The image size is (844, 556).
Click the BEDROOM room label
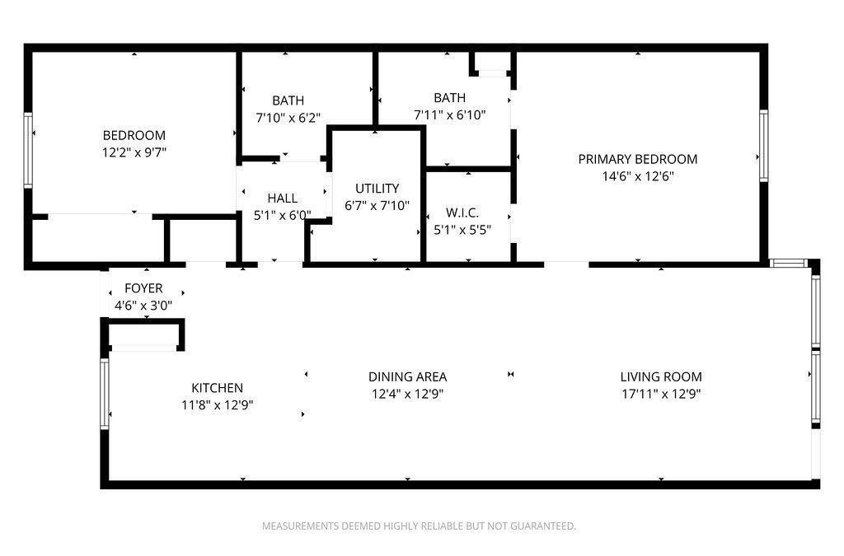click(x=134, y=135)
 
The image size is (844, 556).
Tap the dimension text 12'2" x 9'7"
click(x=134, y=152)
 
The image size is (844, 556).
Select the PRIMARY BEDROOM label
click(x=637, y=159)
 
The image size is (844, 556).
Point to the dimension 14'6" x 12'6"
click(x=637, y=175)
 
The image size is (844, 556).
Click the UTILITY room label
click(x=377, y=189)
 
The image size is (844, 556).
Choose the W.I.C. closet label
click(x=462, y=213)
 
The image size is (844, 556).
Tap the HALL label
click(x=282, y=199)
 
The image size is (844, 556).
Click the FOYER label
click(x=143, y=288)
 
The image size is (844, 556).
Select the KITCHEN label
click(x=217, y=388)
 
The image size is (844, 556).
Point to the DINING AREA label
click(x=407, y=376)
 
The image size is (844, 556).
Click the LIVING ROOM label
click(x=661, y=376)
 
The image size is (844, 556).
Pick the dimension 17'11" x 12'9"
click(x=661, y=394)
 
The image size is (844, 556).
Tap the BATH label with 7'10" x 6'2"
click(x=287, y=100)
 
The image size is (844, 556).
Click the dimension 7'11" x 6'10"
click(x=449, y=115)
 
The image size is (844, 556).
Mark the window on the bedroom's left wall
click(x=29, y=151)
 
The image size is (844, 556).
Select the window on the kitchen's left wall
click(x=105, y=394)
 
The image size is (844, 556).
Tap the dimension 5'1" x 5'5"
click(x=462, y=230)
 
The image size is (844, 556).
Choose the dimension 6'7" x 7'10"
click(x=377, y=206)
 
